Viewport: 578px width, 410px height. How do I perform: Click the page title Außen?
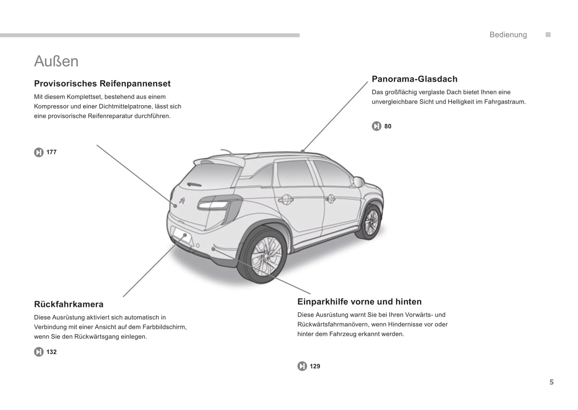pos(56,62)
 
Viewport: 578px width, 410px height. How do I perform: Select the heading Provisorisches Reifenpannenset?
pos(102,84)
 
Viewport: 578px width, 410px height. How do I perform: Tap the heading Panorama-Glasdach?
pos(414,79)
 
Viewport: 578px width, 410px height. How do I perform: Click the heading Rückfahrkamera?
pos(69,304)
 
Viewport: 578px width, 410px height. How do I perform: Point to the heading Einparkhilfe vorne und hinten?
pos(360,302)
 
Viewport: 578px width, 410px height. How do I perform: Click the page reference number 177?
pos(51,152)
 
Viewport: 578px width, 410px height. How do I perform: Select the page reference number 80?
pos(388,126)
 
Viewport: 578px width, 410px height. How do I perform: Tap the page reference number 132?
pos(51,352)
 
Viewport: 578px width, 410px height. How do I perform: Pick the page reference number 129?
pos(315,366)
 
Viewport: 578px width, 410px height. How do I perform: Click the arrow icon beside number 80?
pos(376,126)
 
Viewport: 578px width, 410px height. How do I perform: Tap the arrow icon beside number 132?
pos(39,352)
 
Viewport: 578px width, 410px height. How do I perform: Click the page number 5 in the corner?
pos(552,382)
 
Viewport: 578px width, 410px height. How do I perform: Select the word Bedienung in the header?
pos(508,34)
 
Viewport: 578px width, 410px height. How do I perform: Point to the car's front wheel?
pos(369,222)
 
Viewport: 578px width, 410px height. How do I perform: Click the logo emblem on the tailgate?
pos(182,201)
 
